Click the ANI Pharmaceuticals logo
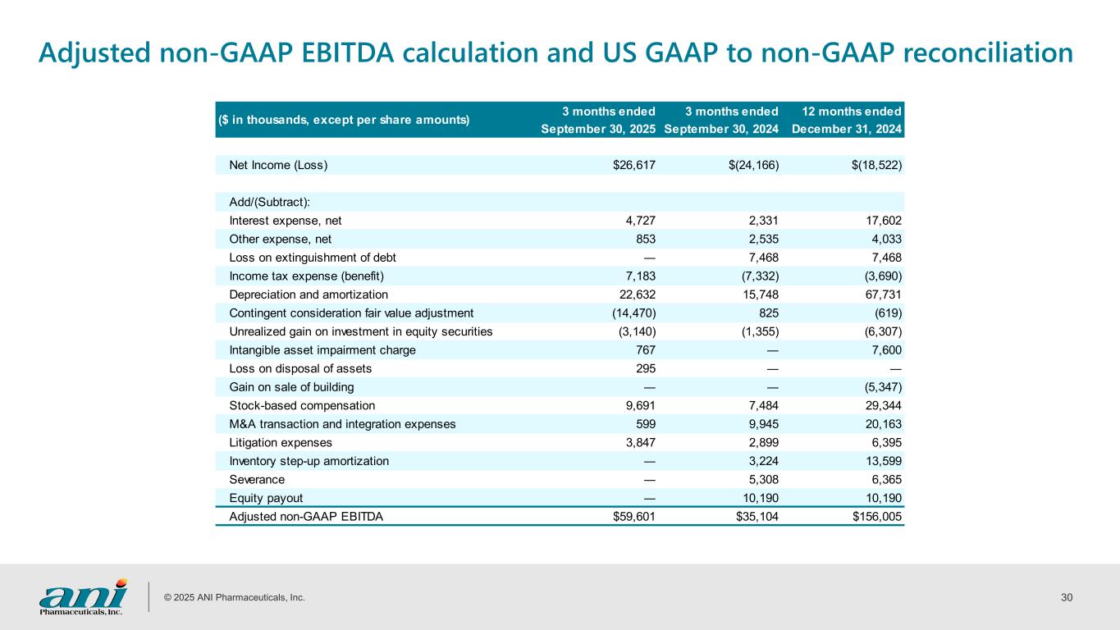84,596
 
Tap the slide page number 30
1067,597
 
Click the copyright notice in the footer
235,597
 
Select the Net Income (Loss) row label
278,165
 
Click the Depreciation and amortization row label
309,294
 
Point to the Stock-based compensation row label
302,405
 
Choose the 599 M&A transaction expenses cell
644,424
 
